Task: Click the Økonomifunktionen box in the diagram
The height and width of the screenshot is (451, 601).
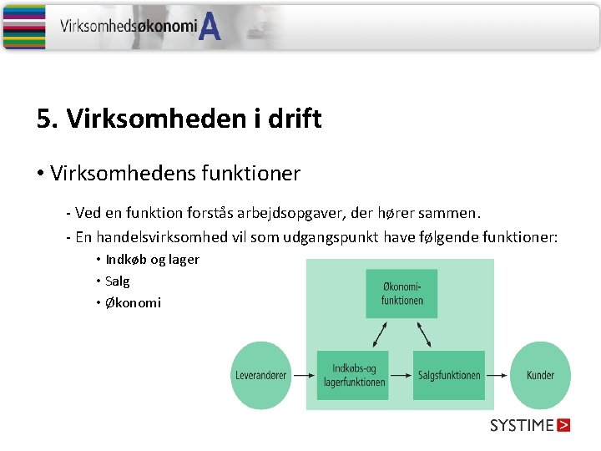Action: tap(401, 293)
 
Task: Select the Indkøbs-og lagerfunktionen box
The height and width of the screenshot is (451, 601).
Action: tap(354, 375)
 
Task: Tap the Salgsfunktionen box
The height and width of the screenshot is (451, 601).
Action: tap(449, 375)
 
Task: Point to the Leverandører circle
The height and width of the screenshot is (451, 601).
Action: tap(260, 375)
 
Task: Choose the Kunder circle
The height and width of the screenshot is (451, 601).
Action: tap(540, 375)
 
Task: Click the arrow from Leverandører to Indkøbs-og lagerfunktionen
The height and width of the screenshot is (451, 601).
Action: tap(302, 375)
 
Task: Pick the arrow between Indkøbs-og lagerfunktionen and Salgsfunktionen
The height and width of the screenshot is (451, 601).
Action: tap(402, 375)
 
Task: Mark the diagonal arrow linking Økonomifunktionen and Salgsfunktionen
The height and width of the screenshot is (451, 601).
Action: tap(423, 334)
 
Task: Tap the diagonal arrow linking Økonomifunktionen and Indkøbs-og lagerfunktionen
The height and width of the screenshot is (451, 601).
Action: tap(380, 334)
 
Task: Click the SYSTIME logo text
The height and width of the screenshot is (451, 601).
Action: tap(522, 425)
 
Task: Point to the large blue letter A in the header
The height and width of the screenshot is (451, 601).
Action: tap(210, 28)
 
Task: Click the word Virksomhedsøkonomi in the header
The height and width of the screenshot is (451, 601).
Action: tap(128, 26)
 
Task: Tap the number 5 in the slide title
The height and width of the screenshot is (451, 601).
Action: tap(43, 119)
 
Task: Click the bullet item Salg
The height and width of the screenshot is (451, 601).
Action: tap(118, 281)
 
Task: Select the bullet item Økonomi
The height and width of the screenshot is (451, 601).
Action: tap(133, 302)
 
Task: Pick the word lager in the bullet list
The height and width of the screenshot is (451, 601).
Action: tap(184, 260)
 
